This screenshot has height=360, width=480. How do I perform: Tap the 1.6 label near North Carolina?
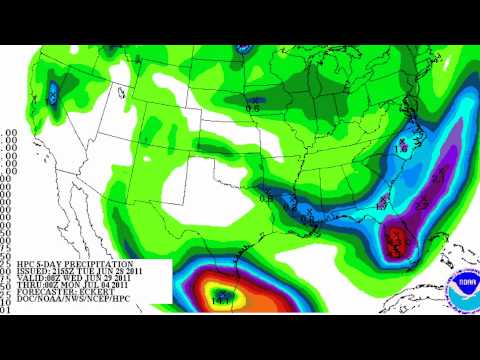[403, 146]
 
